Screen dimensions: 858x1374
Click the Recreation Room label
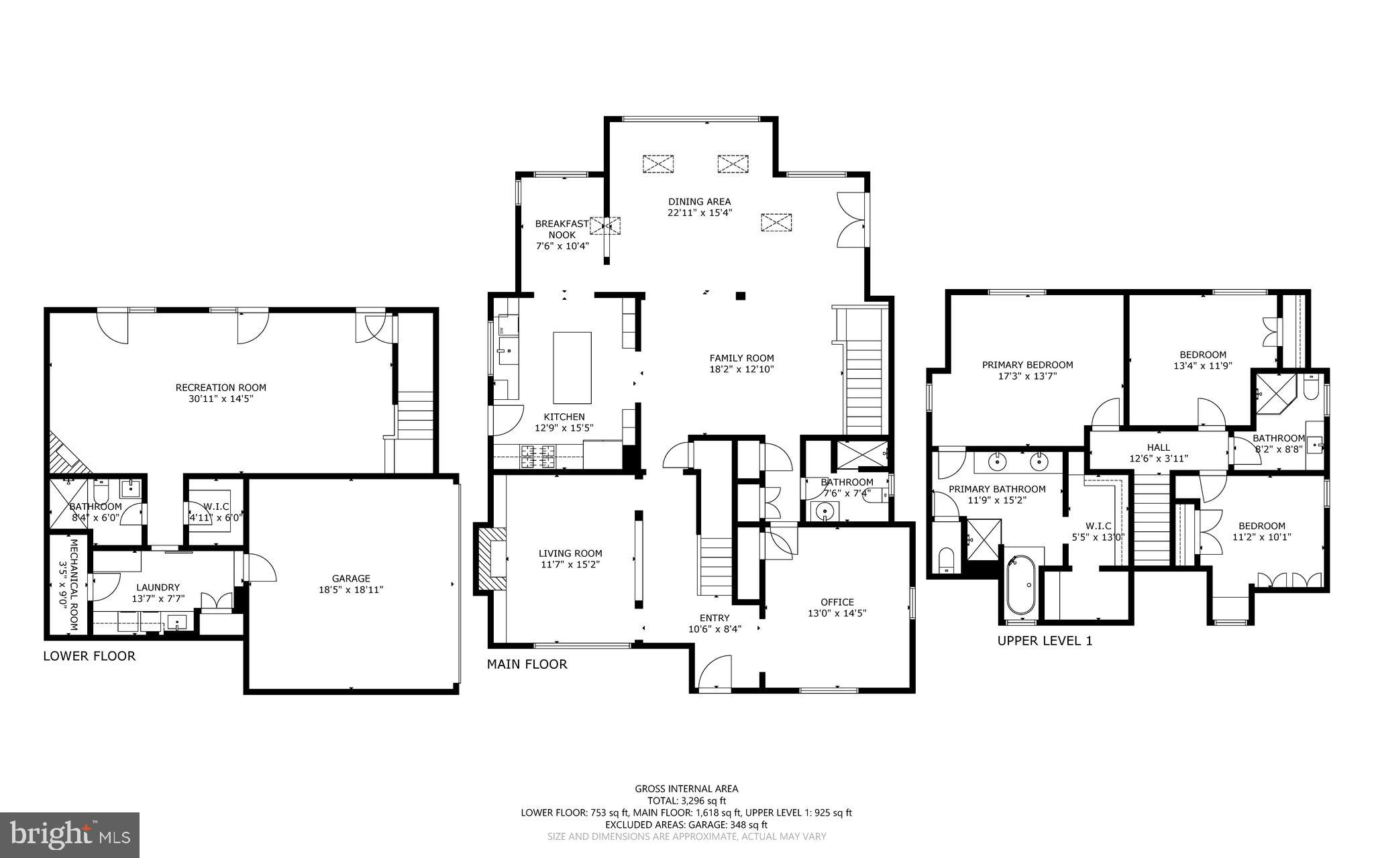coord(221,388)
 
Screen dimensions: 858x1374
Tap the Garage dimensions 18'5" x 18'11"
coord(351,590)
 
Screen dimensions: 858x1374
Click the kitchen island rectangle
coord(572,366)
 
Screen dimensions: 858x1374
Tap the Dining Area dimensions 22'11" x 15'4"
coord(699,213)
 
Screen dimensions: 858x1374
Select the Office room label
coord(837,602)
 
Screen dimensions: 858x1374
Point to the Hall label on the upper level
coord(1158,447)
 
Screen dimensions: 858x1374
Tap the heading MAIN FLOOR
coord(527,664)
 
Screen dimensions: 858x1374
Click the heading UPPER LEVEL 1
coord(1045,641)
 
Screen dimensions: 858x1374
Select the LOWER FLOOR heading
coord(89,656)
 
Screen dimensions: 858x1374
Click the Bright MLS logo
coord(70,835)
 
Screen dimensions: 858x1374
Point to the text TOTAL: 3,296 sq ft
coord(686,800)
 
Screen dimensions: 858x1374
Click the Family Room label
coord(741,358)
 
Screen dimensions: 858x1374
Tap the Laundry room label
coord(158,587)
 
